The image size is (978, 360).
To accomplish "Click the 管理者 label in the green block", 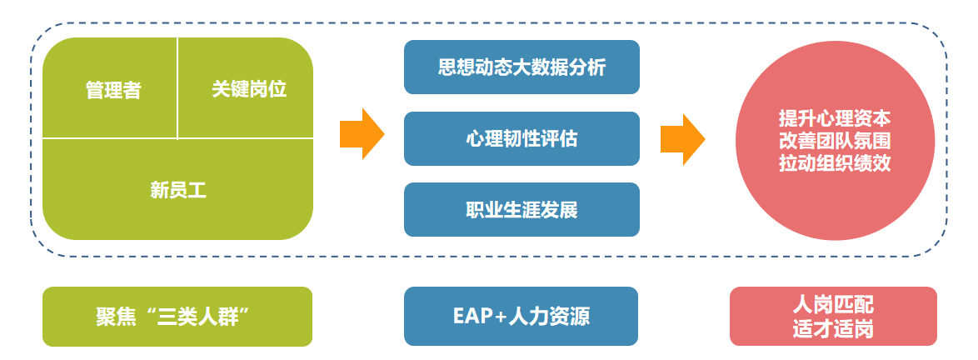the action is point(113,91).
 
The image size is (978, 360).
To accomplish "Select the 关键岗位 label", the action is point(249,89).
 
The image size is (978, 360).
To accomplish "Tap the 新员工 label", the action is point(177,190).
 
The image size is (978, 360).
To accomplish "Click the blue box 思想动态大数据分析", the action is point(521,67).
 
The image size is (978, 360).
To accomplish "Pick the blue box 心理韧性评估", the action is point(521,138).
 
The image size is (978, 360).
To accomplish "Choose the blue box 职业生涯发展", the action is point(521,210).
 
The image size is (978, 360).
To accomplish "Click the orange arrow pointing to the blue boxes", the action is point(362,134).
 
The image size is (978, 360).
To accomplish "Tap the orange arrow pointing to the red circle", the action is point(682,139).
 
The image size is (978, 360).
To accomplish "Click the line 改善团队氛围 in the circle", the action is point(835,140).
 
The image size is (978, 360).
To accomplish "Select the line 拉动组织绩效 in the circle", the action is point(835,162).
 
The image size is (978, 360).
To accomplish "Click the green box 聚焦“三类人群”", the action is point(177,317).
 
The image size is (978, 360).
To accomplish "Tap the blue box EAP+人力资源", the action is point(521,317).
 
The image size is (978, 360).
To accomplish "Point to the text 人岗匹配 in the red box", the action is point(833,305).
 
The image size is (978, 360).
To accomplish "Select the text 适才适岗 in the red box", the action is point(833,329).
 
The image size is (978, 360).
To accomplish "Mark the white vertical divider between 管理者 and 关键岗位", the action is point(177,88).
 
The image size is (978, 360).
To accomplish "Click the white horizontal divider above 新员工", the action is point(177,137).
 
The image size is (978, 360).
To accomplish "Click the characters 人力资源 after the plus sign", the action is point(550,317).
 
